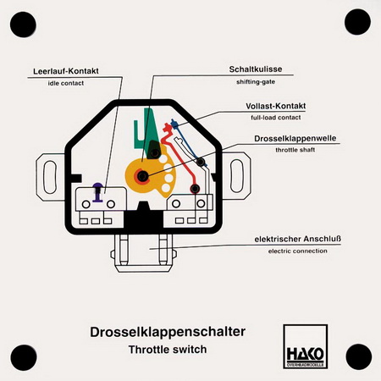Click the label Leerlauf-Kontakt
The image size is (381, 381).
pos(66,71)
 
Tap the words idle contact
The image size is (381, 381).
pos(66,83)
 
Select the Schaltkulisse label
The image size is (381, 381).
pos(256,69)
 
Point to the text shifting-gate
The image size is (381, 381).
pos(256,82)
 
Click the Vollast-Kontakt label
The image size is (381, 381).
pos(275,106)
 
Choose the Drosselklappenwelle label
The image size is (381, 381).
pos(295,139)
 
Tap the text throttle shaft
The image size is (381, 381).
pos(295,150)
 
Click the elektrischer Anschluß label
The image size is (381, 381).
pos(298,239)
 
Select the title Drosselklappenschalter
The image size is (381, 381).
pos(168,332)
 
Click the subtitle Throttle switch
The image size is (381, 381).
pos(168,350)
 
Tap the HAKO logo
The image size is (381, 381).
pos(306,346)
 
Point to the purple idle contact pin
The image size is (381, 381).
pos(98,192)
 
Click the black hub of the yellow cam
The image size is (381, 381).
pos(142,177)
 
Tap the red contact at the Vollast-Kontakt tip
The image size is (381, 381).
pos(168,128)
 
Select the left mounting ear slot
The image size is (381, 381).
pos(50,177)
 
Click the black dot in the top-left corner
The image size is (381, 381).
pos(23,25)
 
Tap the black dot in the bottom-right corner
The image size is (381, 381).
pos(358,356)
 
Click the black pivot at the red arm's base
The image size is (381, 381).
pos(195,189)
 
